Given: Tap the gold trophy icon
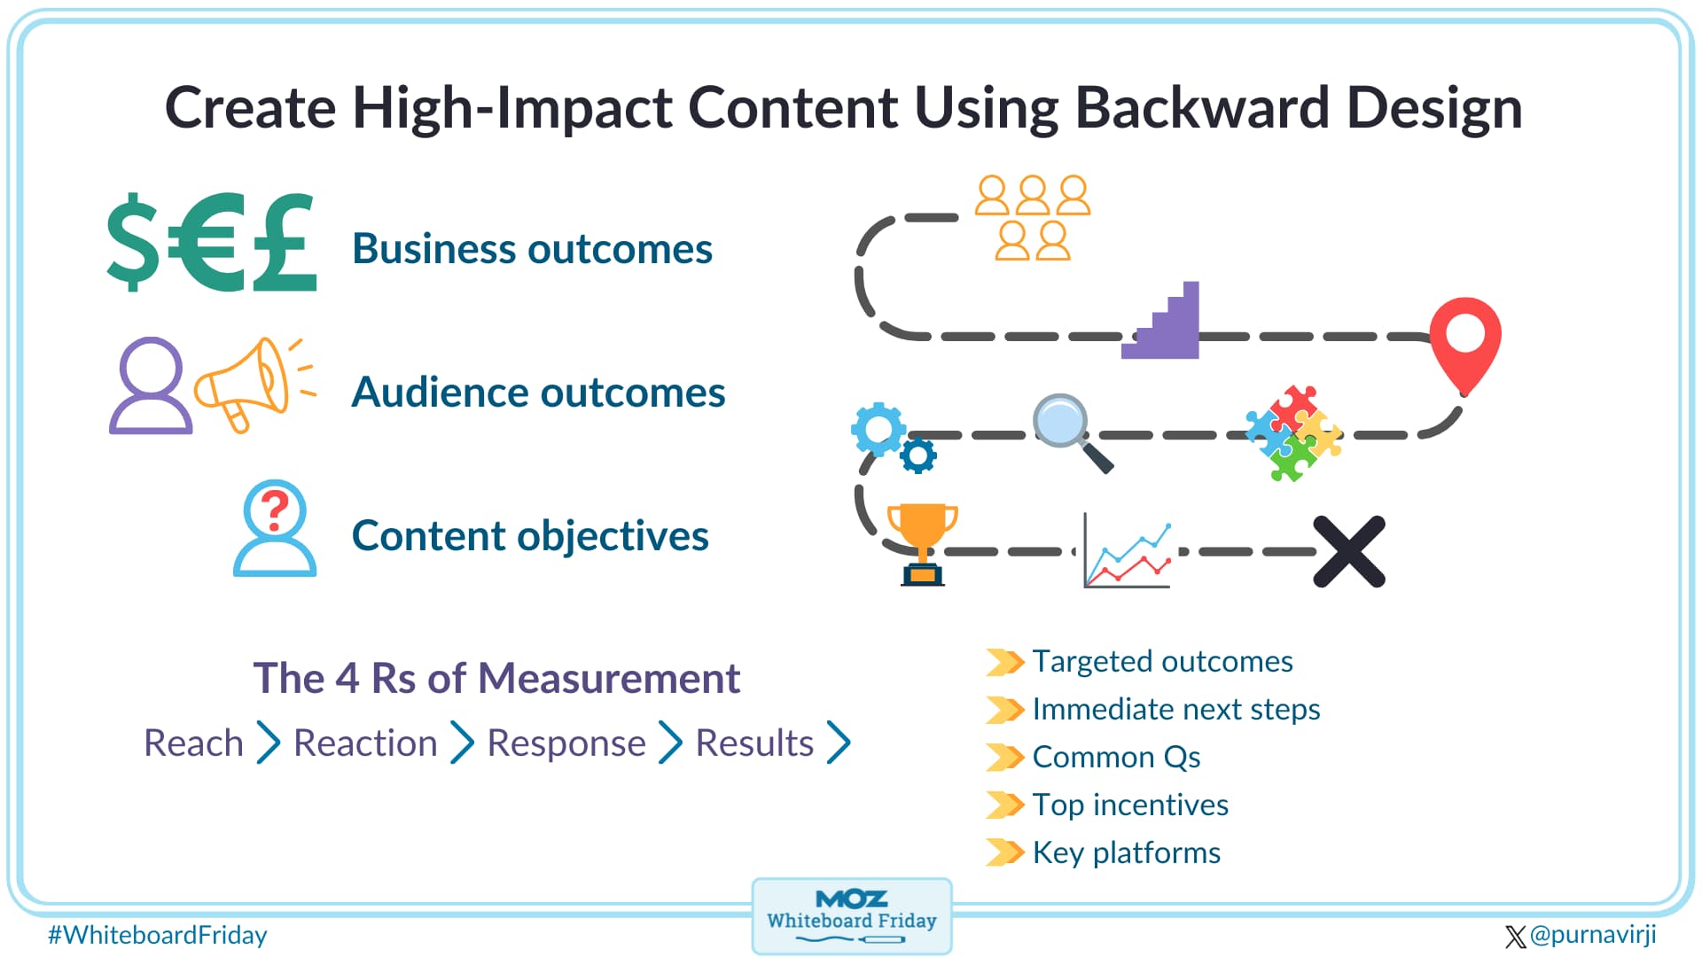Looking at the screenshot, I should click(922, 541).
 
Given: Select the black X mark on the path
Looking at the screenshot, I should click(1348, 551).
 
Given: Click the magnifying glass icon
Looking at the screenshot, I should click(1066, 427).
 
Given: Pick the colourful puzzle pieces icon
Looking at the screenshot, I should click(1292, 432).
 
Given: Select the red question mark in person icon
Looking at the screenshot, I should click(275, 510).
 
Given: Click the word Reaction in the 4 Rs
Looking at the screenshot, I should click(365, 743).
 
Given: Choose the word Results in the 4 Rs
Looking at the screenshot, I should click(754, 743).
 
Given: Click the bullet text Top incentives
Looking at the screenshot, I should click(1130, 805).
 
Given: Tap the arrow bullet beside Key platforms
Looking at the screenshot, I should click(1005, 852).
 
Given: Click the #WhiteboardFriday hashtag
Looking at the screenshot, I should click(157, 935).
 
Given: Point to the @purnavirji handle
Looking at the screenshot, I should click(1592, 935).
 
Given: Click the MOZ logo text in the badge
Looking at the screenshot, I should click(851, 899).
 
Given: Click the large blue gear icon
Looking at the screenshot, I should click(878, 430).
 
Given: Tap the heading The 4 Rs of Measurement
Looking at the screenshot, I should click(496, 679).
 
